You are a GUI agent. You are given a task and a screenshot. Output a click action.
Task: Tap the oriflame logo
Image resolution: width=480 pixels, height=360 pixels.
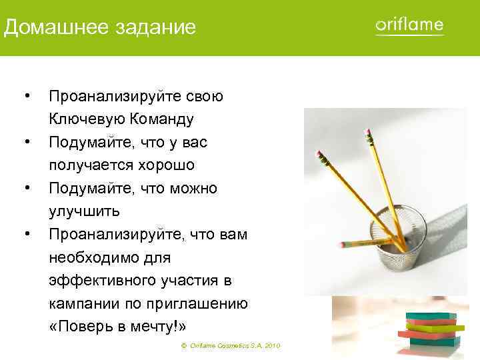pyautogui.click(x=409, y=26)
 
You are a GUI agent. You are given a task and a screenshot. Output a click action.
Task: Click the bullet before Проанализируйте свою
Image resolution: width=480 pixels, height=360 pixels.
pyautogui.click(x=25, y=97)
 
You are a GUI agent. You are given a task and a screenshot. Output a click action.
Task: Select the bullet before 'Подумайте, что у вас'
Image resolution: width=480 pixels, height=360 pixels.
pyautogui.click(x=25, y=143)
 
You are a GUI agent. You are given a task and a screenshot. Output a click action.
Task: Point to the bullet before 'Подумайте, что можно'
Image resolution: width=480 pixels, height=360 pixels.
pyautogui.click(x=25, y=189)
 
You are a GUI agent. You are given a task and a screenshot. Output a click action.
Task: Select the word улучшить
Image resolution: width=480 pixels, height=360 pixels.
pyautogui.click(x=84, y=212)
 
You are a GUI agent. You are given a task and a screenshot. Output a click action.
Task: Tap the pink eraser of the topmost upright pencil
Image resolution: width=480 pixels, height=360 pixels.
pyautogui.click(x=367, y=136)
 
